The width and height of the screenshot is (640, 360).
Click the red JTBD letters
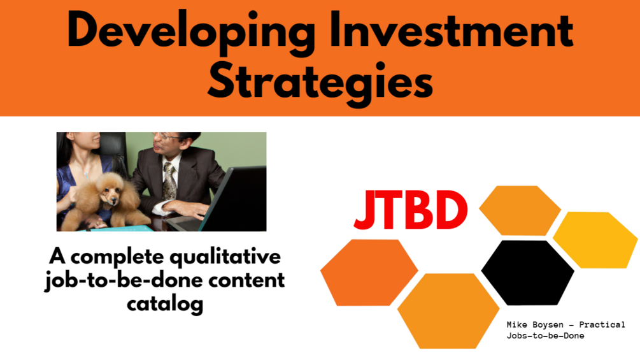tap(411, 210)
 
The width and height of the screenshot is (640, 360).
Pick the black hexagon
tap(528, 273)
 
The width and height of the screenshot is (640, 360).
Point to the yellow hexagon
tap(595, 240)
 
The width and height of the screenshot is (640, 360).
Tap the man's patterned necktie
tap(169, 181)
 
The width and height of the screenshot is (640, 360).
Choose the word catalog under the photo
tap(165, 304)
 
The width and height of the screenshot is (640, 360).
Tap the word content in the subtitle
tap(246, 280)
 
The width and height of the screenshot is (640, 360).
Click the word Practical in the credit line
tap(602, 325)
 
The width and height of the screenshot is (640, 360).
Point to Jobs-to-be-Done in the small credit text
tap(545, 336)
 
